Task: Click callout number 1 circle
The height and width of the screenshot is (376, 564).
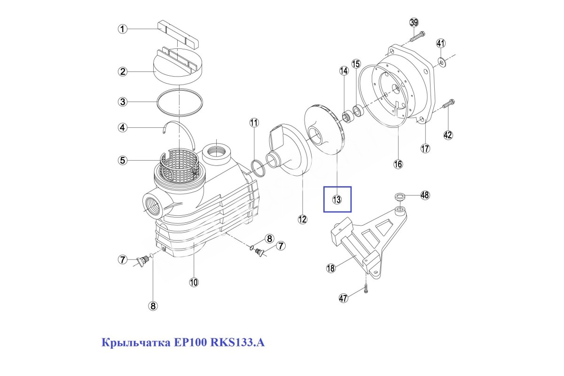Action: click(122, 29)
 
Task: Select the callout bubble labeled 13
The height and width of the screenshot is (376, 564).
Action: click(337, 199)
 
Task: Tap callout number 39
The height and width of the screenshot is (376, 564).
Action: click(414, 23)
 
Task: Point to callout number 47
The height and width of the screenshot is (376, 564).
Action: click(344, 298)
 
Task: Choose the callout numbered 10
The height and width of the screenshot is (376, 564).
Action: click(194, 282)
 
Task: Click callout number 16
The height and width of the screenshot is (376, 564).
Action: click(398, 164)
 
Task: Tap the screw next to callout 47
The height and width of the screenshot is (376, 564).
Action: click(367, 290)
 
